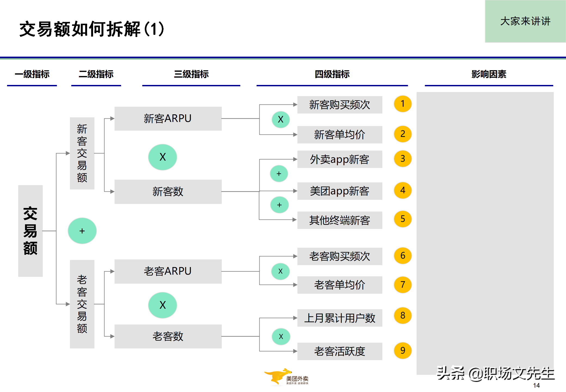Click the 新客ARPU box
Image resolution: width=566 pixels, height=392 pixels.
(x=168, y=119)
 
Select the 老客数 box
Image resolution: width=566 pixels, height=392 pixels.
(x=168, y=336)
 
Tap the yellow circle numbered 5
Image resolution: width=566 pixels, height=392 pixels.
(x=403, y=219)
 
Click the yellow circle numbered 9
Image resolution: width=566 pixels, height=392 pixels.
(x=403, y=351)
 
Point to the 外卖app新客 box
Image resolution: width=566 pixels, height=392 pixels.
(x=340, y=159)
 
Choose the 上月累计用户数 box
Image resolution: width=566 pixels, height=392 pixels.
(x=340, y=318)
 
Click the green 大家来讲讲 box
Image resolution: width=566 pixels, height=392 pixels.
(x=525, y=21)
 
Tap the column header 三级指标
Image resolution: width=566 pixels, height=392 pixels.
(x=191, y=74)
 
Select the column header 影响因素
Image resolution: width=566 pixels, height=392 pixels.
(x=489, y=74)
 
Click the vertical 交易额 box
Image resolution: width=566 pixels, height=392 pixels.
(x=30, y=231)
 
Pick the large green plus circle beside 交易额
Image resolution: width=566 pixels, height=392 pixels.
(x=82, y=231)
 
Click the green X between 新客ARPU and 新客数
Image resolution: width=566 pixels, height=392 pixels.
(x=162, y=157)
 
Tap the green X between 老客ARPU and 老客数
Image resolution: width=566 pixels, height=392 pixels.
(x=162, y=305)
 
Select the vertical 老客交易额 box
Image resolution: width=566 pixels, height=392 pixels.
(x=82, y=304)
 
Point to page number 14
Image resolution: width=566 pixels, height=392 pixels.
(x=536, y=385)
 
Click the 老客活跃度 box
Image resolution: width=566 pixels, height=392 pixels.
(x=340, y=351)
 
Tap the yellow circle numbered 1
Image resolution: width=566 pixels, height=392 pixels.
(x=403, y=104)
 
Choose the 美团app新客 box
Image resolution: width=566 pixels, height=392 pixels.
(x=340, y=191)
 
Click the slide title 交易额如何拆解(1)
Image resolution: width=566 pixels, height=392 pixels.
(x=92, y=29)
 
